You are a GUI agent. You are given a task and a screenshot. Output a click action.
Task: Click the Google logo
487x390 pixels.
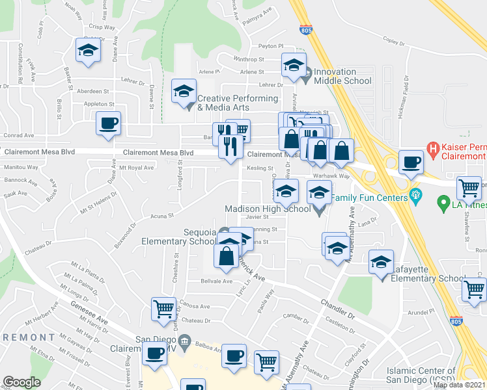(21, 382)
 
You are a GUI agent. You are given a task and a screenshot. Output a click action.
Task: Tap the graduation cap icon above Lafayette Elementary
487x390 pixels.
(382, 261)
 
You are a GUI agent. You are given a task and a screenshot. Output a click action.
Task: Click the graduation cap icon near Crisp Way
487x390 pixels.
(87, 50)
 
